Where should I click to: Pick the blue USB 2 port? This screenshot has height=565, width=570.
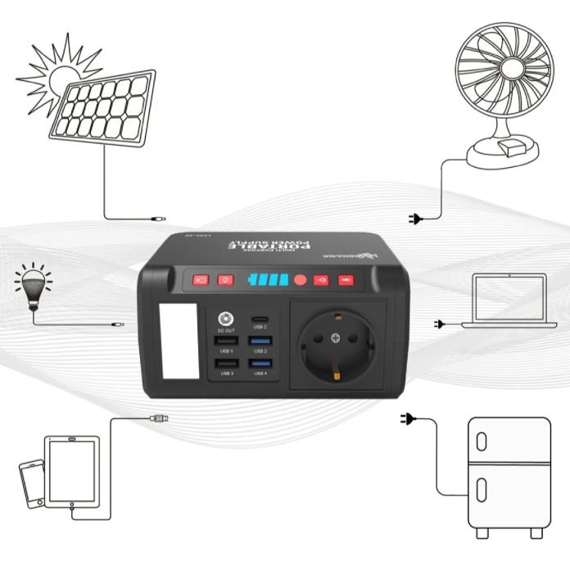260,340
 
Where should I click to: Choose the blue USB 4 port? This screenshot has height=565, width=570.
260,363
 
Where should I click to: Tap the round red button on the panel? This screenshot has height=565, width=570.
301,280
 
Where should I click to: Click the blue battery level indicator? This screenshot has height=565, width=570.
269,280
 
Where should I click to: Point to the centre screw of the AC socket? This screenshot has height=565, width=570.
335,338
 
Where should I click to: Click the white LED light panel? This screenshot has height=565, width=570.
181,341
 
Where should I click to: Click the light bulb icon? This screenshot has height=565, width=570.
33,288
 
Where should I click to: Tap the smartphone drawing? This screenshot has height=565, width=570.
32,482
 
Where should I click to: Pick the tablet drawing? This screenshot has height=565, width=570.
71,472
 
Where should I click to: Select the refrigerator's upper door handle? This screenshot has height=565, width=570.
482,441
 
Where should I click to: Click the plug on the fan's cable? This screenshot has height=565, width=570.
415,219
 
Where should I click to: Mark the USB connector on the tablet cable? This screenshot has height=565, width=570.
160,418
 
